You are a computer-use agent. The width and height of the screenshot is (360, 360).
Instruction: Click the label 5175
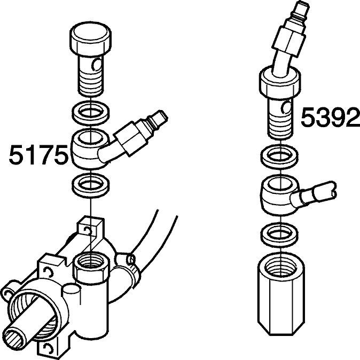point(38,154)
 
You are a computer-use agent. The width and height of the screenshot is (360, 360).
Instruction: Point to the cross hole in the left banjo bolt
point(97,65)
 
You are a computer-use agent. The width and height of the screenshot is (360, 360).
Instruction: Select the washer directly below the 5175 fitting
point(90,184)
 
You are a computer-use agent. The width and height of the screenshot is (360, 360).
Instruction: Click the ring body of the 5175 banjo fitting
point(90,150)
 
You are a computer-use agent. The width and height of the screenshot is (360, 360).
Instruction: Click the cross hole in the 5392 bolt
point(286,107)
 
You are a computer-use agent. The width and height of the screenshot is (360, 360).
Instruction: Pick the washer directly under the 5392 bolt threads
point(280,156)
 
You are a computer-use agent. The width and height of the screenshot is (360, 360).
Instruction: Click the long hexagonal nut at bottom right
point(281,293)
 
